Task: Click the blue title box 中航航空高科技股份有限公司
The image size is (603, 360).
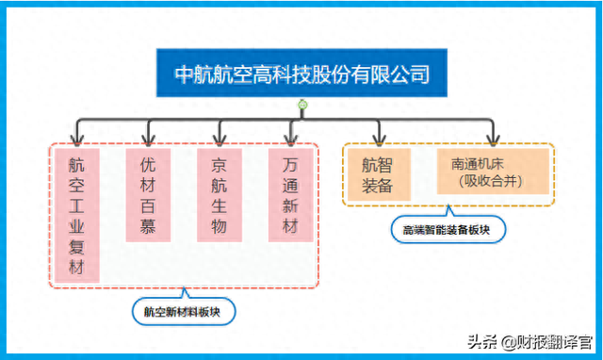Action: [301, 73]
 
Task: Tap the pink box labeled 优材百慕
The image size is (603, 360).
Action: [148, 194]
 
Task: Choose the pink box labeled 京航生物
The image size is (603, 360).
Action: [220, 194]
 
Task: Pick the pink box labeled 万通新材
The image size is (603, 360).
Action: [290, 194]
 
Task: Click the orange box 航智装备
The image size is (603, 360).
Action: [377, 173]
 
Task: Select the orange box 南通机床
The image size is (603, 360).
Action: [493, 171]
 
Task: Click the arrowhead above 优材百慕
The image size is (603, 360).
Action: [148, 138]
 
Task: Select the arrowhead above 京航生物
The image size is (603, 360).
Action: [220, 138]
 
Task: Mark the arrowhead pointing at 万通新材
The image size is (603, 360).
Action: [290, 138]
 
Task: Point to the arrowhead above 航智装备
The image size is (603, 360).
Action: [377, 138]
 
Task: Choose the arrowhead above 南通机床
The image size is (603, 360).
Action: [492, 138]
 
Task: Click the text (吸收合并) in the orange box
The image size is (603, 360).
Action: [493, 179]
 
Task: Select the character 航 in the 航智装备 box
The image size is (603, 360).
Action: [369, 164]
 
